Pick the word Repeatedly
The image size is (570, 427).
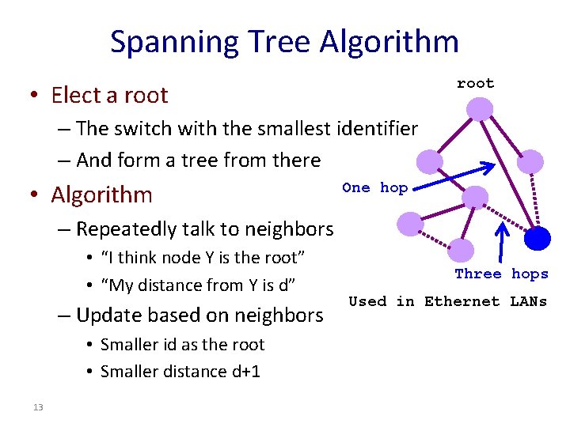pyautogui.click(x=125, y=229)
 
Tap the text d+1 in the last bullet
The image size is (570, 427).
pyautogui.click(x=245, y=372)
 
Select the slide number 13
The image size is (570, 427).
pyautogui.click(x=38, y=406)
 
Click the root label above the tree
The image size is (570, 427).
pyautogui.click(x=475, y=83)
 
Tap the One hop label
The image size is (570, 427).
pyautogui.click(x=374, y=187)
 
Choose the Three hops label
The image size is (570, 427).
pyautogui.click(x=501, y=274)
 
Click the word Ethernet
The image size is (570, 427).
pyautogui.click(x=462, y=301)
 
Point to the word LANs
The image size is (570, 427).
pyautogui.click(x=527, y=301)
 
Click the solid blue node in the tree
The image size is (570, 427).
pyautogui.click(x=538, y=237)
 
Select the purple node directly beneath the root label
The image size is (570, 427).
pyautogui.click(x=478, y=108)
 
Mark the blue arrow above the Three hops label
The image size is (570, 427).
pyautogui.click(x=501, y=242)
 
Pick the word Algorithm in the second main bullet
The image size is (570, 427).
pyautogui.click(x=101, y=194)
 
